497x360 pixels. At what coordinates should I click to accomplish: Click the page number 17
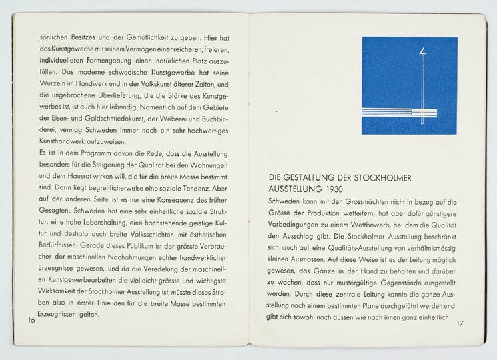460,324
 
